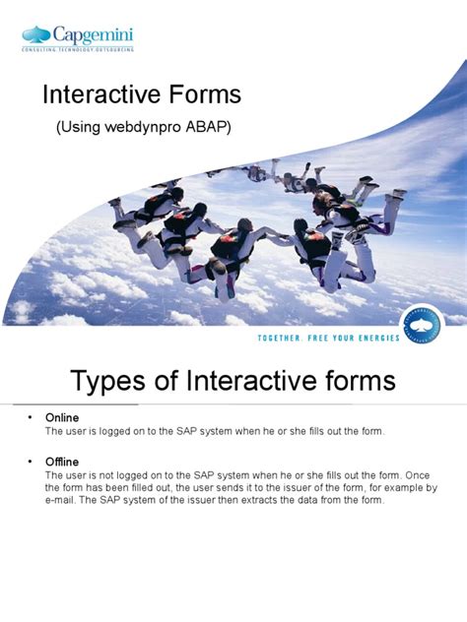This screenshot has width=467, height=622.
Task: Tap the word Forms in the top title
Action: (204, 95)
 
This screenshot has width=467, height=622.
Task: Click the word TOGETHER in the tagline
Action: (259, 338)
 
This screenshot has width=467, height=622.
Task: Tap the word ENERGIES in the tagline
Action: (375, 338)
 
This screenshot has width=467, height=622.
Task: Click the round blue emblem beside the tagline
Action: (430, 327)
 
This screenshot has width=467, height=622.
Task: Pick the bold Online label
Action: (62, 418)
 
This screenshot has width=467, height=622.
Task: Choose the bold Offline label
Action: (62, 462)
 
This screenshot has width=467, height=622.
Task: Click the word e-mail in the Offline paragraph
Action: (60, 501)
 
